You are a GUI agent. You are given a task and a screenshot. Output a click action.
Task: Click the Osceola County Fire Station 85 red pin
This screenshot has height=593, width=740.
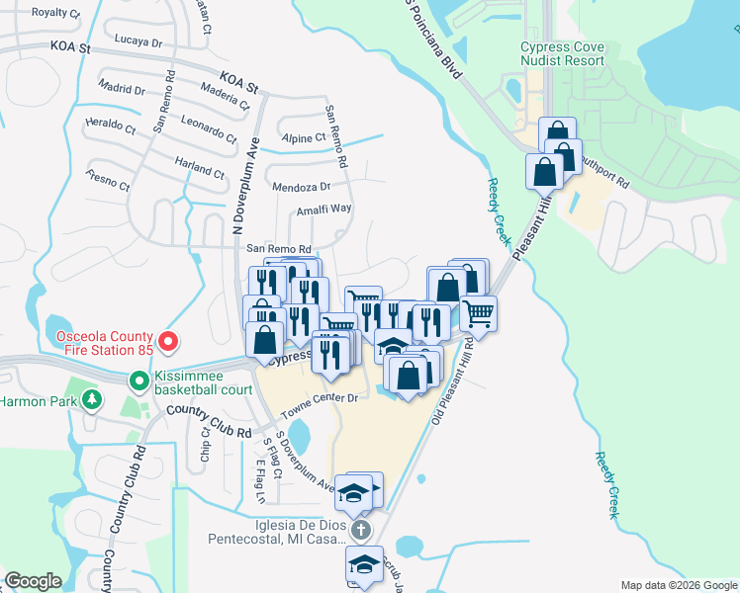click(x=168, y=343)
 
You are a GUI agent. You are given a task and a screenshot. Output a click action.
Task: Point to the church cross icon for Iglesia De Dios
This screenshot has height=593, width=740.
click(x=362, y=530)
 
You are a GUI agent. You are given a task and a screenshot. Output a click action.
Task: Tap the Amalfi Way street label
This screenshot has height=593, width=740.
click(x=324, y=209)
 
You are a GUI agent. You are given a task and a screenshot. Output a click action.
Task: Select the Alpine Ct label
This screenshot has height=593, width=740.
click(x=303, y=138)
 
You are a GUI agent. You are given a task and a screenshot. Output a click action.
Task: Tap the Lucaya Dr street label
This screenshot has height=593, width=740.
click(x=138, y=42)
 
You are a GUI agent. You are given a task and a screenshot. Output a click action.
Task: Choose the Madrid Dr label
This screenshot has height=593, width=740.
click(x=122, y=89)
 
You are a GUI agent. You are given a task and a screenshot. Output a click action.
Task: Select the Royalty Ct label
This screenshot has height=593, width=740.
click(x=55, y=13)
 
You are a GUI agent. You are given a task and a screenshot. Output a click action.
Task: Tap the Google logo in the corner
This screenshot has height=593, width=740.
click(x=34, y=581)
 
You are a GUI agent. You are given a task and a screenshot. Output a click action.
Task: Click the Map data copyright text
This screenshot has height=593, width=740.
click(x=678, y=585)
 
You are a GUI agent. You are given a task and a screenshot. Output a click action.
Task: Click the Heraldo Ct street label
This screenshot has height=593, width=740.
click(x=110, y=126)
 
